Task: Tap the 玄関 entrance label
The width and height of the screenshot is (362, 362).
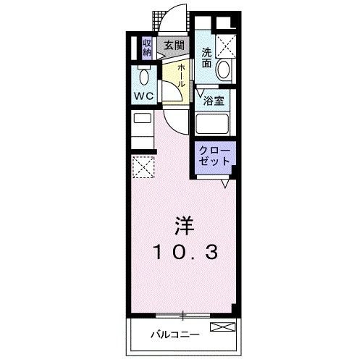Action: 173,45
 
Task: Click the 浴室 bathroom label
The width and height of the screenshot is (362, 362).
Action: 214,101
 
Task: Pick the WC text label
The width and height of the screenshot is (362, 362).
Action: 143,95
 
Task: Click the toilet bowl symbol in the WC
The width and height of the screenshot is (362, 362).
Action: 143,76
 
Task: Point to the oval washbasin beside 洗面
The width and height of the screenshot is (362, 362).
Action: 224,69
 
